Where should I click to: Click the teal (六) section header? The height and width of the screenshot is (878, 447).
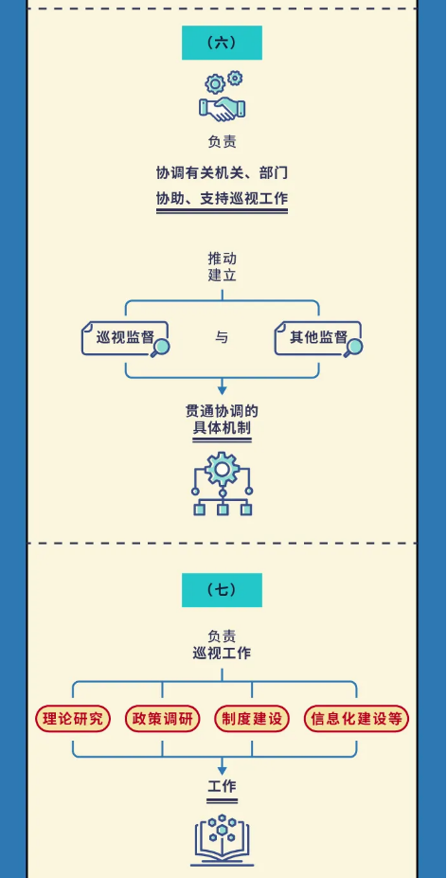222,43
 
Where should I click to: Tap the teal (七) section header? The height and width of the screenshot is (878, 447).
222,590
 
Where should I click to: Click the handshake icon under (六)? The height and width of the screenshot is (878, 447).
223,108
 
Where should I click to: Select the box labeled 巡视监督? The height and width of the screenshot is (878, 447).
124,338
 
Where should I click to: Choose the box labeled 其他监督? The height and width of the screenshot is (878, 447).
317,338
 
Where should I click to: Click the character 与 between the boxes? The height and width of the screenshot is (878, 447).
222,337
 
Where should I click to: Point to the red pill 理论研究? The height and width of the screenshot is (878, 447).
73,719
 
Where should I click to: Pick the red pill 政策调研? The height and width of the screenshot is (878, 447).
163,719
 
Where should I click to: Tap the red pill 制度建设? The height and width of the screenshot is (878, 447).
252,719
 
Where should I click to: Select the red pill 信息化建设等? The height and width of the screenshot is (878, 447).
356,719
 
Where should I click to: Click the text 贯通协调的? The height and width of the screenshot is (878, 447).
222,412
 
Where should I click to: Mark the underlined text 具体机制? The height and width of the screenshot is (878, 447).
222,429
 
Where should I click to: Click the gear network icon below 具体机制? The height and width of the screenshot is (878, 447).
223,483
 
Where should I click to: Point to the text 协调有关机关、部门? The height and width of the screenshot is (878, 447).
222,173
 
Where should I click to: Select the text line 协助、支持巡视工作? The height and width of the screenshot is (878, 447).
222,199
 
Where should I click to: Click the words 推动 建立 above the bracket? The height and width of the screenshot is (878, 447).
222,266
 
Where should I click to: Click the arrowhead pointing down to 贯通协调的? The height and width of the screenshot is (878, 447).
222,389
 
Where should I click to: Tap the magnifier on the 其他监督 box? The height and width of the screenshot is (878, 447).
353,349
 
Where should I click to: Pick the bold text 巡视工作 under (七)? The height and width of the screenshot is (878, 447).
222,653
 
